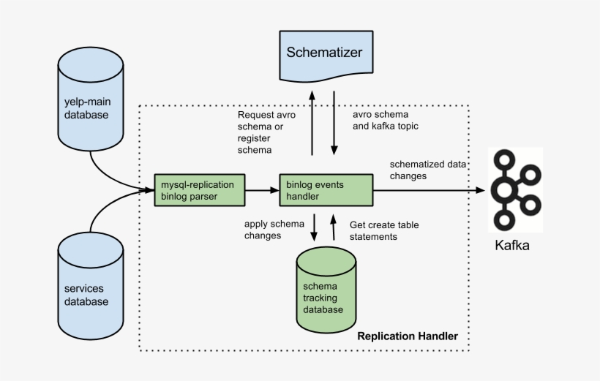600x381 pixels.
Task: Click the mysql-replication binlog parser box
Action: click(199, 189)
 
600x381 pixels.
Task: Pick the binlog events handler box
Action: click(326, 189)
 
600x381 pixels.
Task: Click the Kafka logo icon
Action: click(515, 189)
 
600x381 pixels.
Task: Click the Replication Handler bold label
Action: click(407, 336)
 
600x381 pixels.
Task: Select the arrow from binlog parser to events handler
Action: click(262, 190)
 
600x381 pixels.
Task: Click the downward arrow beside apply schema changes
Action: click(314, 227)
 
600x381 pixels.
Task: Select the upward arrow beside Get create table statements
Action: click(334, 227)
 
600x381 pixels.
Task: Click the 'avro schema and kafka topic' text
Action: click(385, 121)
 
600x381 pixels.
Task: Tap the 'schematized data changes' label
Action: click(427, 170)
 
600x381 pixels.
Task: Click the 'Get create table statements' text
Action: click(383, 230)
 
